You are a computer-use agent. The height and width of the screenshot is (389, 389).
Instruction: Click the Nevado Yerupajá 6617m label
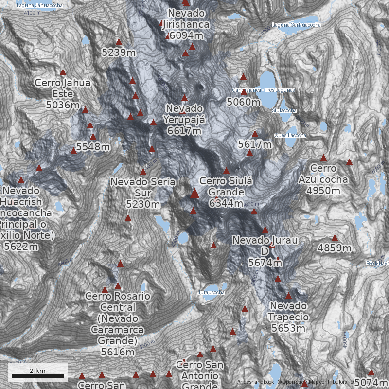pyautogui.click(x=183, y=119)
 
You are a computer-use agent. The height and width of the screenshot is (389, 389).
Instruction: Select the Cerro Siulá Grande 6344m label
pyautogui.click(x=226, y=192)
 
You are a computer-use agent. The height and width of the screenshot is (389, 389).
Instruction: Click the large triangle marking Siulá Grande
pyautogui.click(x=194, y=194)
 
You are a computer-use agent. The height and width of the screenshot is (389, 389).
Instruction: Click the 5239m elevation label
pyautogui.click(x=119, y=52)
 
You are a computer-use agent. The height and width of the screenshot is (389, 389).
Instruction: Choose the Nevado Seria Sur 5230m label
pyautogui.click(x=142, y=193)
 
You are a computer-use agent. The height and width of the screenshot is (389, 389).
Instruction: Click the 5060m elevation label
pyautogui.click(x=244, y=102)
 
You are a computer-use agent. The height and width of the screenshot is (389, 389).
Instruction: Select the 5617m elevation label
pyautogui.click(x=255, y=144)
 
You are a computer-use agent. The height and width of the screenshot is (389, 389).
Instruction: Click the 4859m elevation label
pyautogui.click(x=335, y=248)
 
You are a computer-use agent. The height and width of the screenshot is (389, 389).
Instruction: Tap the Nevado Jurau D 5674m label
pyautogui.click(x=265, y=251)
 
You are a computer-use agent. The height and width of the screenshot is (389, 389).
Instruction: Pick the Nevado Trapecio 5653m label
pyautogui.click(x=288, y=317)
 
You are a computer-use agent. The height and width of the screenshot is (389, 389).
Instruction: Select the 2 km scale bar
pyautogui.click(x=37, y=376)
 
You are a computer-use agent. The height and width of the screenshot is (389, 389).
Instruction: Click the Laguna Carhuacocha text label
pyautogui.click(x=297, y=25)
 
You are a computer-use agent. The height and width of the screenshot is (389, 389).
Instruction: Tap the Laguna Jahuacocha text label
pyautogui.click(x=35, y=6)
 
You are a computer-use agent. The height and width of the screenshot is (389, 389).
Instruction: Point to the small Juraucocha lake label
pyautogui.click(x=212, y=293)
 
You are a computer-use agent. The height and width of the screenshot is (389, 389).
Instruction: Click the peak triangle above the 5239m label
pyautogui.click(x=119, y=42)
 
